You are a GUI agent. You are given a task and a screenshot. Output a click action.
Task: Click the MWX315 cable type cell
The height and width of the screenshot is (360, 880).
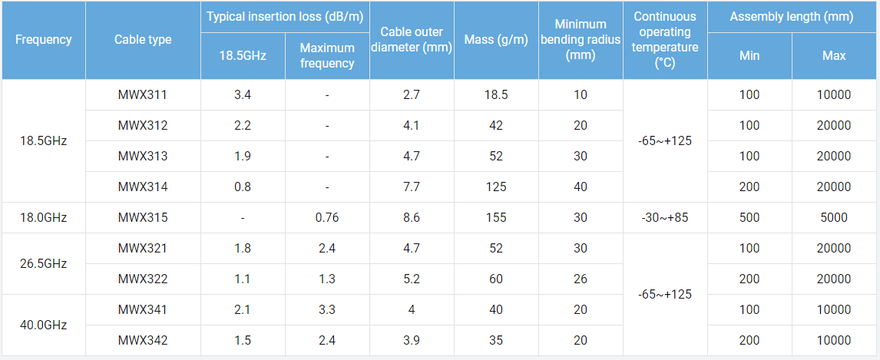coord(143,217)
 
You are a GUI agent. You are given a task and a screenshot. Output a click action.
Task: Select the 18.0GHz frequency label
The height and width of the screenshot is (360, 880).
coord(43,217)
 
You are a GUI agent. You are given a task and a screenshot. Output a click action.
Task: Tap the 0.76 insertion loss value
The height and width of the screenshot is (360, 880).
coord(327,217)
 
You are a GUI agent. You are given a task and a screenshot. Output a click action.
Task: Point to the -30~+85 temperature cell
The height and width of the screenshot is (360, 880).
coord(665,217)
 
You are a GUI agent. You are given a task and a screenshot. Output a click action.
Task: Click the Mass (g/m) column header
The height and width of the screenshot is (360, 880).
coord(496,40)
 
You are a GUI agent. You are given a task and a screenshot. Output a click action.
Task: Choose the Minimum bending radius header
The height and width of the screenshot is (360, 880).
coord(581,40)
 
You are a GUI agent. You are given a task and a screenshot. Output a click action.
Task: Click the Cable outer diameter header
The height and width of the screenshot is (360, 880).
coord(412,40)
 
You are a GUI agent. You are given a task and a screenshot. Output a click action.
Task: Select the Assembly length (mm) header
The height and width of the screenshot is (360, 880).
coord(792,17)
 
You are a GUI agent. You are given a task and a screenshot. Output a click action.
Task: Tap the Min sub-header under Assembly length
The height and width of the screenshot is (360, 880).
coord(749,55)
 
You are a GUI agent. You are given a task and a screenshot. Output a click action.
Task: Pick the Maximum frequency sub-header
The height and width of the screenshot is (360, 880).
coord(327,55)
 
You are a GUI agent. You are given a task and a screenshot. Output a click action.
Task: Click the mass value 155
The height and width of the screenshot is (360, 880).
coord(496,217)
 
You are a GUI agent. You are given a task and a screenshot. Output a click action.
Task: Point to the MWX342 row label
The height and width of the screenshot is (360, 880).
coord(143,340)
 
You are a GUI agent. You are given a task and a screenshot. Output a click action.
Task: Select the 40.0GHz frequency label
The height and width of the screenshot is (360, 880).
coord(43,325)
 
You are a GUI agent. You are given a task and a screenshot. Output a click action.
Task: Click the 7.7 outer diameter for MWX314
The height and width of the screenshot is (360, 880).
coord(412,187)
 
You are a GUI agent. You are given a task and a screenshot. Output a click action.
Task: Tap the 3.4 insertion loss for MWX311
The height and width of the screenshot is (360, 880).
coord(243,94)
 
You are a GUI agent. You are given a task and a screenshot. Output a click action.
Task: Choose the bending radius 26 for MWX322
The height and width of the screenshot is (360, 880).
coord(581,279)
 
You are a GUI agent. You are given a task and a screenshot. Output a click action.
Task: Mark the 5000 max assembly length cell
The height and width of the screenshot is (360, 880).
coord(834,217)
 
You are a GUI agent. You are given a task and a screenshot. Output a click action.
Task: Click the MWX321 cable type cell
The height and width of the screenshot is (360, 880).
coord(143,248)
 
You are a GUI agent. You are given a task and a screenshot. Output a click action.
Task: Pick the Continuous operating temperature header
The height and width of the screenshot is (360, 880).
coord(665,40)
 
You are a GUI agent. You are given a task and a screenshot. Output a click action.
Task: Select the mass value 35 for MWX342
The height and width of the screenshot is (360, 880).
coord(496,340)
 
